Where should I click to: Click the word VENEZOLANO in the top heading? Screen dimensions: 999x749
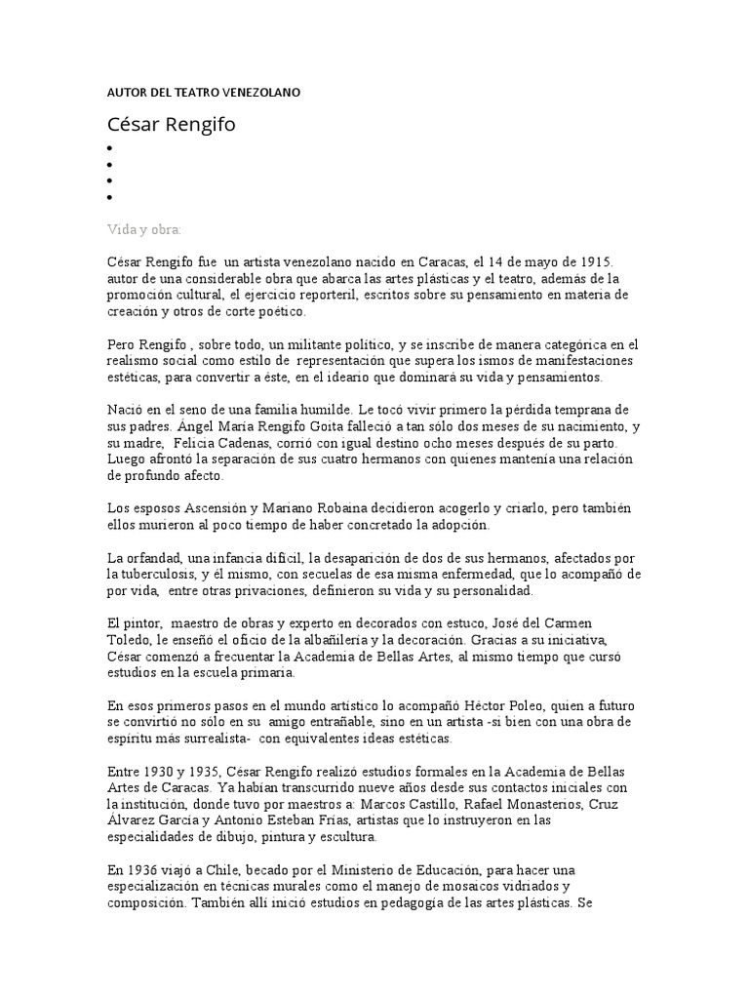click(x=259, y=92)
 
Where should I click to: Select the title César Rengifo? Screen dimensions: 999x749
click(x=171, y=124)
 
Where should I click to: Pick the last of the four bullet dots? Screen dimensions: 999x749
click(x=110, y=197)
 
